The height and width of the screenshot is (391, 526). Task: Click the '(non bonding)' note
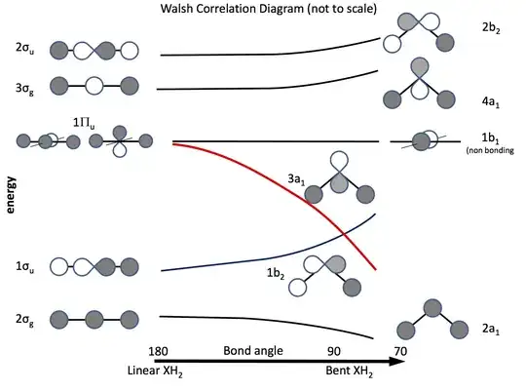[x=493, y=151]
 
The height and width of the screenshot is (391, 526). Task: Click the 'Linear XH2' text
[x=156, y=371]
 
